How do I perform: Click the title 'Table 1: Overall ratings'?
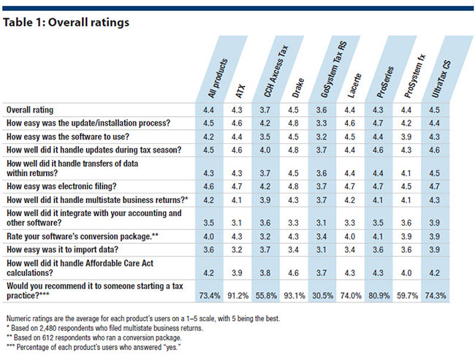point(66,23)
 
